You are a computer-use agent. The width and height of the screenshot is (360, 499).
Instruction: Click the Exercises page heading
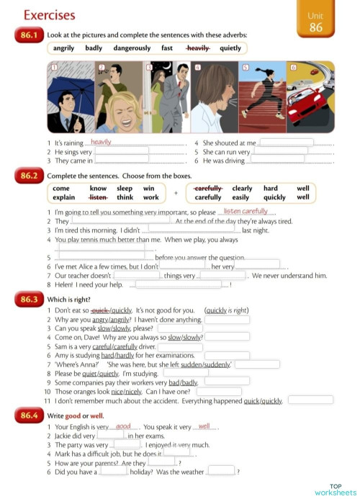click(49, 15)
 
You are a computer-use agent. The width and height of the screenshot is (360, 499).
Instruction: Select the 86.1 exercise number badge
click(29, 35)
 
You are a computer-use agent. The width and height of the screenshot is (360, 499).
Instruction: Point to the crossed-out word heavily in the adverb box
click(197, 48)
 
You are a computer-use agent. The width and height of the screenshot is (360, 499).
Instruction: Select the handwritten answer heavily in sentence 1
click(101, 143)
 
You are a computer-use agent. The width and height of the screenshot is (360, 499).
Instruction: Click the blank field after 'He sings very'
click(122, 152)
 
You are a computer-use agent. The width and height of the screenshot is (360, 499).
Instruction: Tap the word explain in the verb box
click(64, 197)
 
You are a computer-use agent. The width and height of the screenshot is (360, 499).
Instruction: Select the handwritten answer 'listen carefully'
click(246, 212)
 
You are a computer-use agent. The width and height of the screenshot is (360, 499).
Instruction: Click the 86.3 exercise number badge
click(29, 299)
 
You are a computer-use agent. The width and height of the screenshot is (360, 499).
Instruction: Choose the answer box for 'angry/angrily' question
click(227, 319)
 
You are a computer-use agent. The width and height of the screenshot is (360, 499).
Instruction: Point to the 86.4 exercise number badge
click(29, 416)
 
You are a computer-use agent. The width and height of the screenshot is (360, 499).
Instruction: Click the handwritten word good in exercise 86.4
click(122, 426)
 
